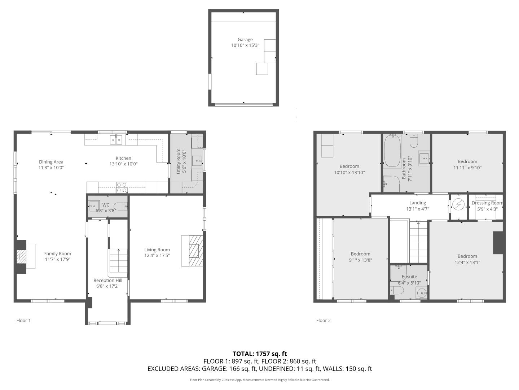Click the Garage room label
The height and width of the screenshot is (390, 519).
(x=245, y=39)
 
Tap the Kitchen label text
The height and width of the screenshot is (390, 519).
(x=123, y=158)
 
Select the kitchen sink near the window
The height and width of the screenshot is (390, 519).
(x=116, y=139)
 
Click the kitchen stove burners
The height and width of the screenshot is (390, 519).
(x=122, y=187)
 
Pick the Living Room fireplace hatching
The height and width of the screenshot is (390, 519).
(x=196, y=251)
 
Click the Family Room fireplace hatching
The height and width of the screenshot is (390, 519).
(x=21, y=256)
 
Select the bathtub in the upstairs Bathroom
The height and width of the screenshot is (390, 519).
(x=392, y=151)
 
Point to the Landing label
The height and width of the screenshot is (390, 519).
(x=418, y=203)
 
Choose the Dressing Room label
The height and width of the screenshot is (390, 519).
(x=487, y=203)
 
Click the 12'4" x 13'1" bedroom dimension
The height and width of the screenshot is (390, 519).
(x=467, y=262)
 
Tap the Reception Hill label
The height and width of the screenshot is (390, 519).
(x=107, y=281)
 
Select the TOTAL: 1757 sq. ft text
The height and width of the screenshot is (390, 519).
(x=260, y=354)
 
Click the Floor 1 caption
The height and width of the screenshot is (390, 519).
(x=23, y=320)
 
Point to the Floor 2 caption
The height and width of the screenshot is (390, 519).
(x=323, y=320)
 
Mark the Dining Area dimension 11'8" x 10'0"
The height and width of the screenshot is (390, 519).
(x=51, y=168)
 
